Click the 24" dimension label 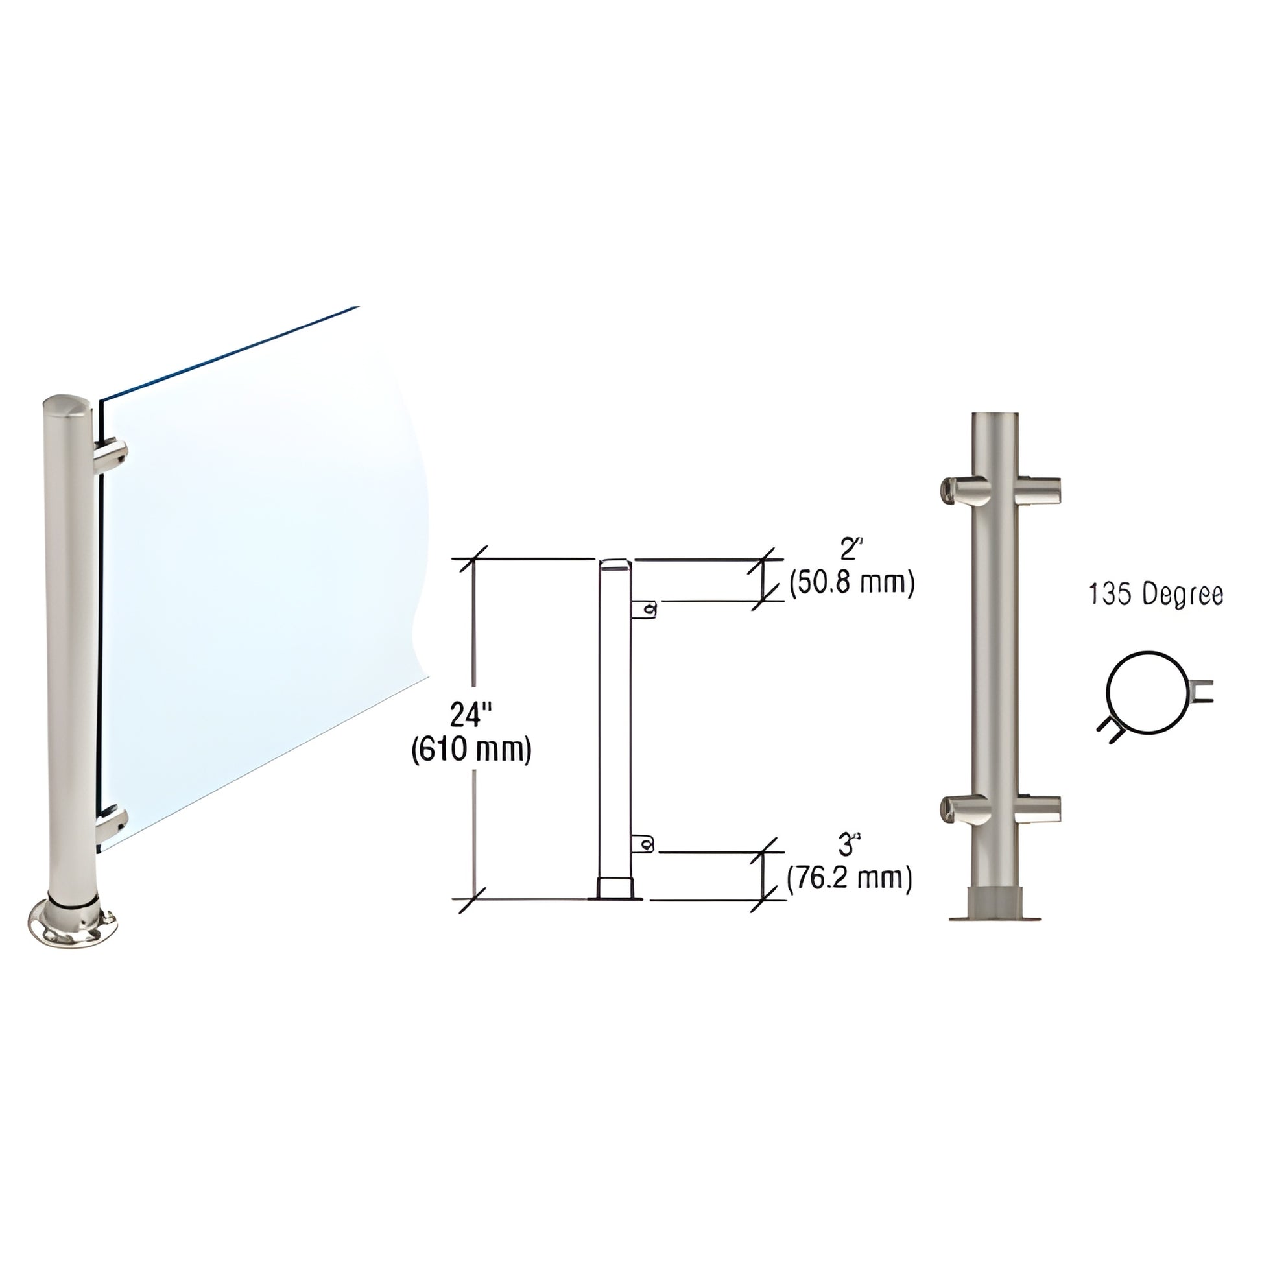(x=470, y=715)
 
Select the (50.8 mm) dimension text (x=851, y=582)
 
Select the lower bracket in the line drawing (x=643, y=844)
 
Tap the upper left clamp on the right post (x=958, y=490)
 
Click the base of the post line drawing (x=615, y=890)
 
